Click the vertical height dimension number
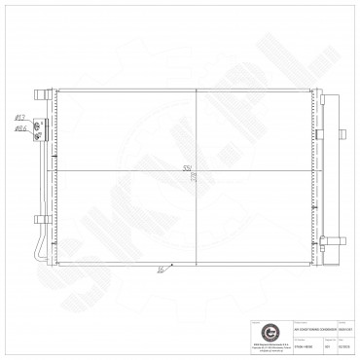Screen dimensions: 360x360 coord(192,179)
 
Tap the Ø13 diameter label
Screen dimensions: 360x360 coord(19,119)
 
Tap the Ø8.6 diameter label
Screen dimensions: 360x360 coord(20,127)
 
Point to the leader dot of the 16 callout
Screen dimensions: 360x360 coord(171,264)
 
